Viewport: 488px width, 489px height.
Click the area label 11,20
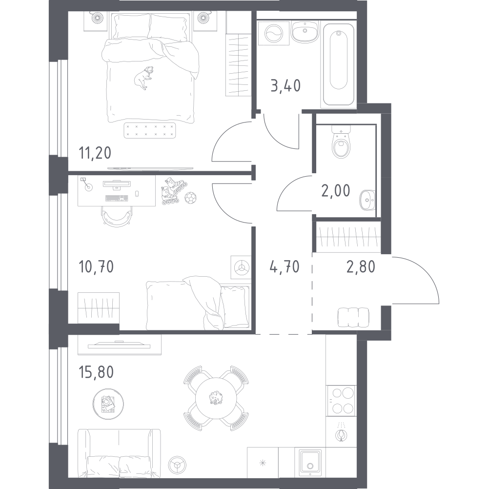pos(95,153)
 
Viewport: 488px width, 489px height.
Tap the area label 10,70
pos(96,267)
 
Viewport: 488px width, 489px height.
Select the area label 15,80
pos(96,372)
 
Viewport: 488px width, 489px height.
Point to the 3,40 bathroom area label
pos(285,85)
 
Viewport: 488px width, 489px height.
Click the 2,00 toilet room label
pos(336,190)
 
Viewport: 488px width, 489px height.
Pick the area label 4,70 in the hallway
pos(285,267)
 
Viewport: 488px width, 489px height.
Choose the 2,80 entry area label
pos(361,267)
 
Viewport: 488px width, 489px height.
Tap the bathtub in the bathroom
pos(339,64)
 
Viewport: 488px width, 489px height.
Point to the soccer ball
pos(190,198)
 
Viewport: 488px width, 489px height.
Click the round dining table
pos(216,398)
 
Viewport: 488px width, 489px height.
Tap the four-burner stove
pos(341,401)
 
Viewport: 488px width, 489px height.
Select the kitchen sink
pos(310,463)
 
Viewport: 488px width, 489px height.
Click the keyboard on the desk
pos(117,198)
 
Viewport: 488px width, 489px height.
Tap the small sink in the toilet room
pos(367,200)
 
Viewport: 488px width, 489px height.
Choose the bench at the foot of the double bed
pos(149,130)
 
